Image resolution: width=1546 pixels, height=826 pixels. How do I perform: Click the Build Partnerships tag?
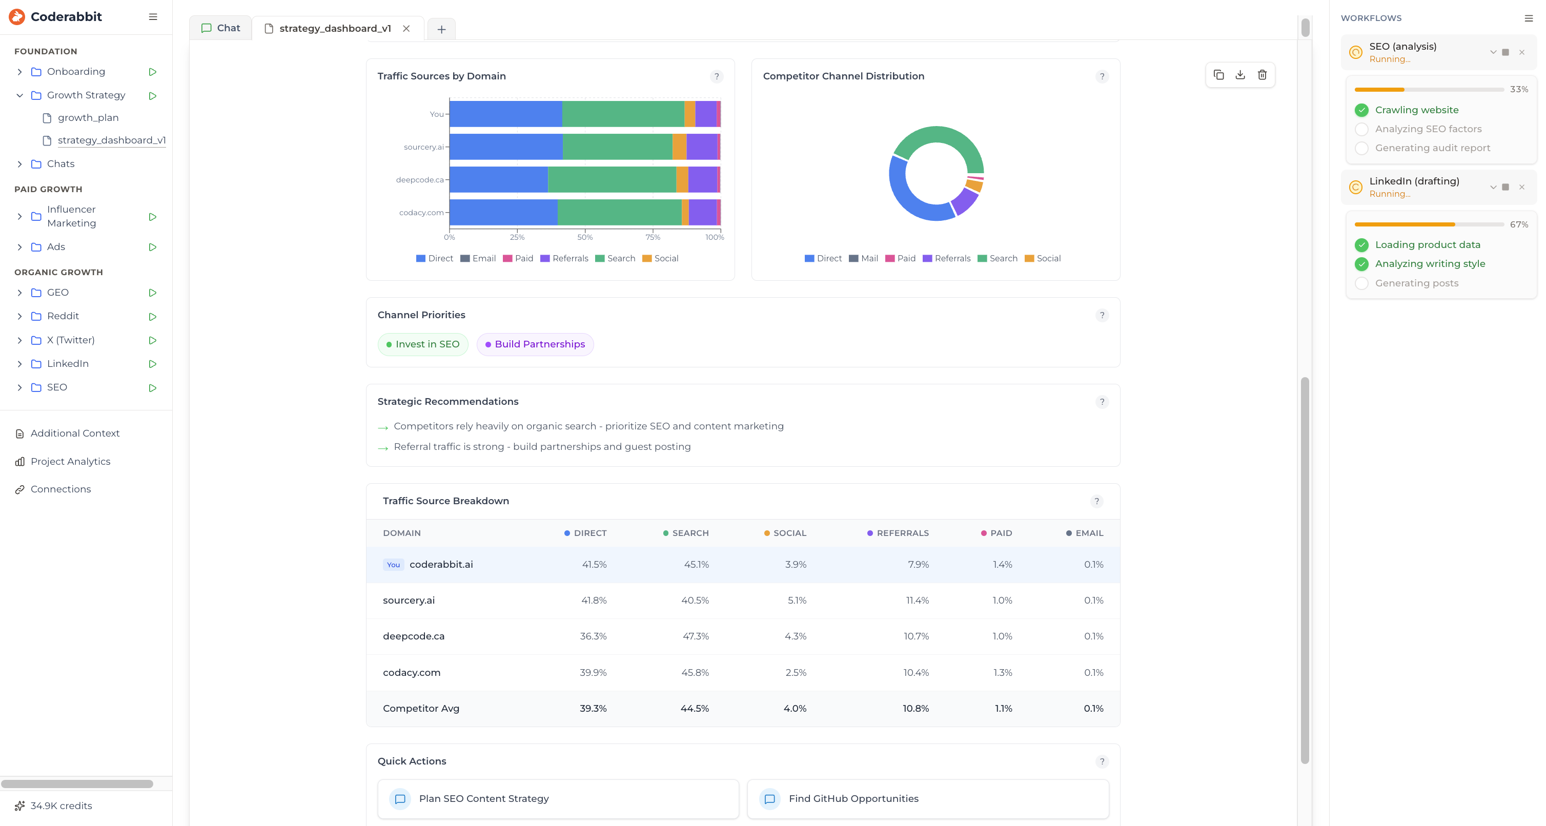[x=535, y=344]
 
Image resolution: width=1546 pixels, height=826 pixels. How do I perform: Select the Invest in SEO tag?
[x=422, y=344]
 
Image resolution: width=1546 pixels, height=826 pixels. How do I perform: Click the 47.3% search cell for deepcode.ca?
[x=696, y=636]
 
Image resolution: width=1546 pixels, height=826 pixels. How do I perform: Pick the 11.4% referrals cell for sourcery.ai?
[x=917, y=601]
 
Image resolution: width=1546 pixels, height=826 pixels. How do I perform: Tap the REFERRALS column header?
[x=902, y=533]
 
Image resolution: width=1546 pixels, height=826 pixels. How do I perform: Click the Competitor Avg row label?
[x=421, y=709]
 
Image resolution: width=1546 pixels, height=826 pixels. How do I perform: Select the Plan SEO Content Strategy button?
[x=558, y=799]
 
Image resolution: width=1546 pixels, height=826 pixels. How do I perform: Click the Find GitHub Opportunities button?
[x=927, y=799]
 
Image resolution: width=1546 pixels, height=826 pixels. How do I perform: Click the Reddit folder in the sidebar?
[x=63, y=316]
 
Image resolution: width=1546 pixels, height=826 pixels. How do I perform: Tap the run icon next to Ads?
[x=152, y=247]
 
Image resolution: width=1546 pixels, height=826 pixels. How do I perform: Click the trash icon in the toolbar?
[x=1262, y=75]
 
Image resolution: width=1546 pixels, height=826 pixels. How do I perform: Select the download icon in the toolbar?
[x=1240, y=75]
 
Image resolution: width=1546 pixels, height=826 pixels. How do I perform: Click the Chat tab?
[x=221, y=28]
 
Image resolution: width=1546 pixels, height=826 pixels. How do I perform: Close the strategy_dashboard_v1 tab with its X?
[x=406, y=29]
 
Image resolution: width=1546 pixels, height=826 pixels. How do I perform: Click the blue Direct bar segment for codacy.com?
[x=503, y=212]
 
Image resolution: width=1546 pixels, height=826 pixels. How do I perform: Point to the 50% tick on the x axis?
[x=585, y=237]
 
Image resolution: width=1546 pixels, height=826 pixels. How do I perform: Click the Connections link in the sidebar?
[x=60, y=489]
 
